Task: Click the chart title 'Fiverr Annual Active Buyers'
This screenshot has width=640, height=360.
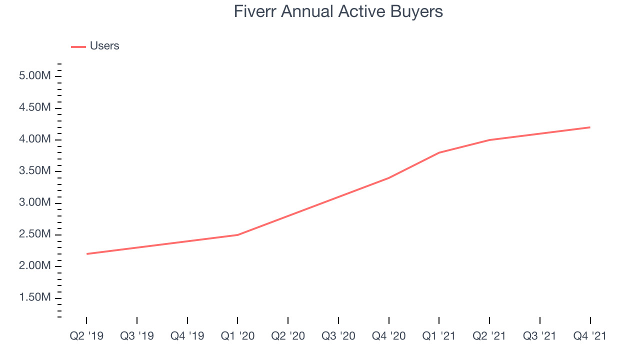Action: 338,11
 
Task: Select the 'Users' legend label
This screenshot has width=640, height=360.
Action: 104,45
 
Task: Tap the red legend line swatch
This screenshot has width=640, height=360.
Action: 78,47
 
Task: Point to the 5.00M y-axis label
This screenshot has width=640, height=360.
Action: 35,75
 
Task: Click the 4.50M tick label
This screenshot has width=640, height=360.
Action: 35,107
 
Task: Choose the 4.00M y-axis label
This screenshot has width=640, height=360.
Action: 35,139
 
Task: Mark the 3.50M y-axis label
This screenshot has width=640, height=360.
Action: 35,170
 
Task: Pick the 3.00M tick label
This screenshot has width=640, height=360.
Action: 35,202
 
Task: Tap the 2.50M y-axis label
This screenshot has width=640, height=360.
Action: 35,234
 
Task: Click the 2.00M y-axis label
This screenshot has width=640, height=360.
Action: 35,265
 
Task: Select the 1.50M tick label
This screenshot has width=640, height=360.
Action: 35,297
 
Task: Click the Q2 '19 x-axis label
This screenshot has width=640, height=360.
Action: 86,336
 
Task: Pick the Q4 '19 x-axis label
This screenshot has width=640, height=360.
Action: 187,336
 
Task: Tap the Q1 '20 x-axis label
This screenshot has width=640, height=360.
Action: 237,336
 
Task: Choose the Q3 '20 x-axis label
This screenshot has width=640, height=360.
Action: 338,336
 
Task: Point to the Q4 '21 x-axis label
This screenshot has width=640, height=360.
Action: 590,336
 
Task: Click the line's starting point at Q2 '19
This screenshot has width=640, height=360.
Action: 86,254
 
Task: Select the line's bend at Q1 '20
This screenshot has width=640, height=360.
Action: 237,235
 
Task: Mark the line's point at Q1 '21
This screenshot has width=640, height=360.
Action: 439,152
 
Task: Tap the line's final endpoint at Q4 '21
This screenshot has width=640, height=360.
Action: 590,127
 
